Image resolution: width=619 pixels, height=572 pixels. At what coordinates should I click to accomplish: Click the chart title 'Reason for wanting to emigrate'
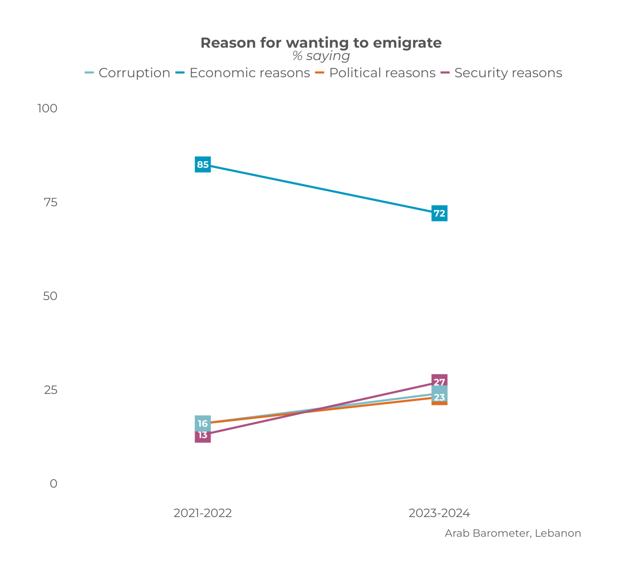click(321, 43)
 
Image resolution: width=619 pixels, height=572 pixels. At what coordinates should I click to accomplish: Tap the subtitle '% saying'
click(321, 56)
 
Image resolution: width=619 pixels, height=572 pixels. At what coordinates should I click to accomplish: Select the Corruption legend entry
click(128, 73)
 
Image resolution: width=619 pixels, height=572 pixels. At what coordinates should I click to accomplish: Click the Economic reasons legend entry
click(243, 73)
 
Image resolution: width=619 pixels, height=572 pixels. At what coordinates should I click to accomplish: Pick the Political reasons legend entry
click(375, 73)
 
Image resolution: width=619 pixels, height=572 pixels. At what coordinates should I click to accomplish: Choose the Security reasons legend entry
click(501, 73)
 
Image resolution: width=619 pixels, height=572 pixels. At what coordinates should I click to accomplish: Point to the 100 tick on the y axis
click(48, 108)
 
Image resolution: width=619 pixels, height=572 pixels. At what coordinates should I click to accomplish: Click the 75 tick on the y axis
click(50, 202)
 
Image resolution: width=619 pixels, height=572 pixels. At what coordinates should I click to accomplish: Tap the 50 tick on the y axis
click(50, 296)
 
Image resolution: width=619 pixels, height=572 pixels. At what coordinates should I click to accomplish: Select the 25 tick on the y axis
click(50, 390)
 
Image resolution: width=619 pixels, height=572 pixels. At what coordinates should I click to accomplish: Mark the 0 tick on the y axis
click(53, 484)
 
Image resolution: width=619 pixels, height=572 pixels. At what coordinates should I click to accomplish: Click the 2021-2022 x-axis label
click(203, 513)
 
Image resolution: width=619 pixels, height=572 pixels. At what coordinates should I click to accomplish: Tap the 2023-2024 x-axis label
click(439, 513)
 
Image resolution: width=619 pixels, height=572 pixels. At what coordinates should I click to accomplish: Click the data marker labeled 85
click(203, 164)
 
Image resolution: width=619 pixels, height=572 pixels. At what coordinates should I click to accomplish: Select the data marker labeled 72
click(439, 213)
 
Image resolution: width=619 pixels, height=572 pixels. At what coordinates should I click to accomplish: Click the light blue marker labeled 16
click(203, 423)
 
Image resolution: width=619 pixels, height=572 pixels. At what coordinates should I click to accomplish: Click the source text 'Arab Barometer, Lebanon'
click(513, 533)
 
